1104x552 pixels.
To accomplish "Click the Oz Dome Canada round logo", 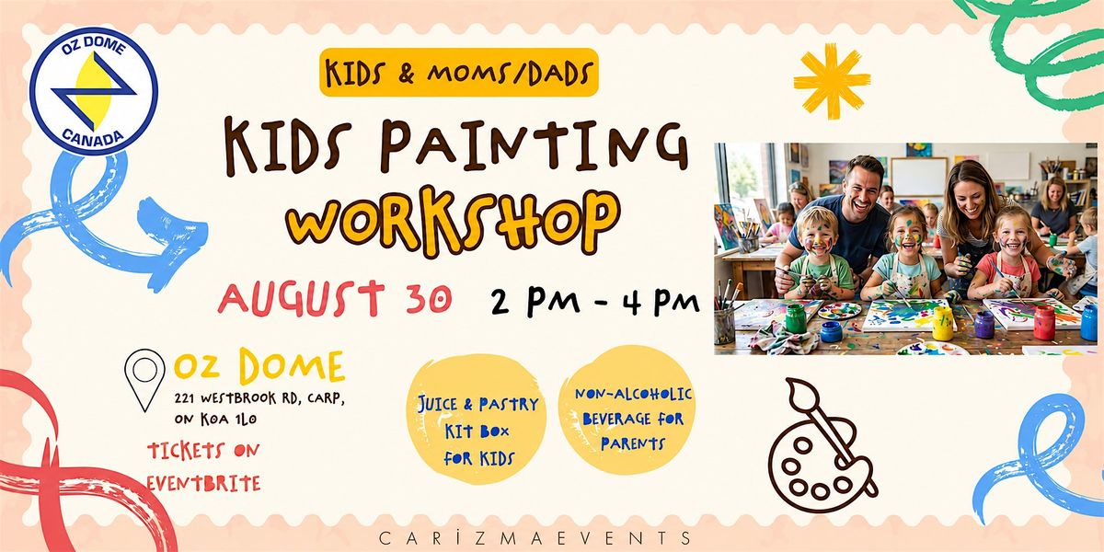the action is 94,91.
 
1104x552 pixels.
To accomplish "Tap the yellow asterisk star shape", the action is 832,81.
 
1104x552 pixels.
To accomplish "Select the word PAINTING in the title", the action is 534,146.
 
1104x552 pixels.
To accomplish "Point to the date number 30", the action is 429,298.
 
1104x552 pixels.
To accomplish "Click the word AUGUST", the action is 301,298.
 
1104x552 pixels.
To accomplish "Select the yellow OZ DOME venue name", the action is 259,366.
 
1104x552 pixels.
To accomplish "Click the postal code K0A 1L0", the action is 229,420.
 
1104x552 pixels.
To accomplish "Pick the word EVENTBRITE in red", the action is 204,484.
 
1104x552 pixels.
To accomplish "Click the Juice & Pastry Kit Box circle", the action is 477,419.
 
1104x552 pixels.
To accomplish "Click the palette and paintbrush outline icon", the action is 822,445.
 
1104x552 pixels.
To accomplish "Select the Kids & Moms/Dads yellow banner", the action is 459,73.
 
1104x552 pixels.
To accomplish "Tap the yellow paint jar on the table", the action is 942,323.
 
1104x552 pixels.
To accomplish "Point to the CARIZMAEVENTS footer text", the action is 535,537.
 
